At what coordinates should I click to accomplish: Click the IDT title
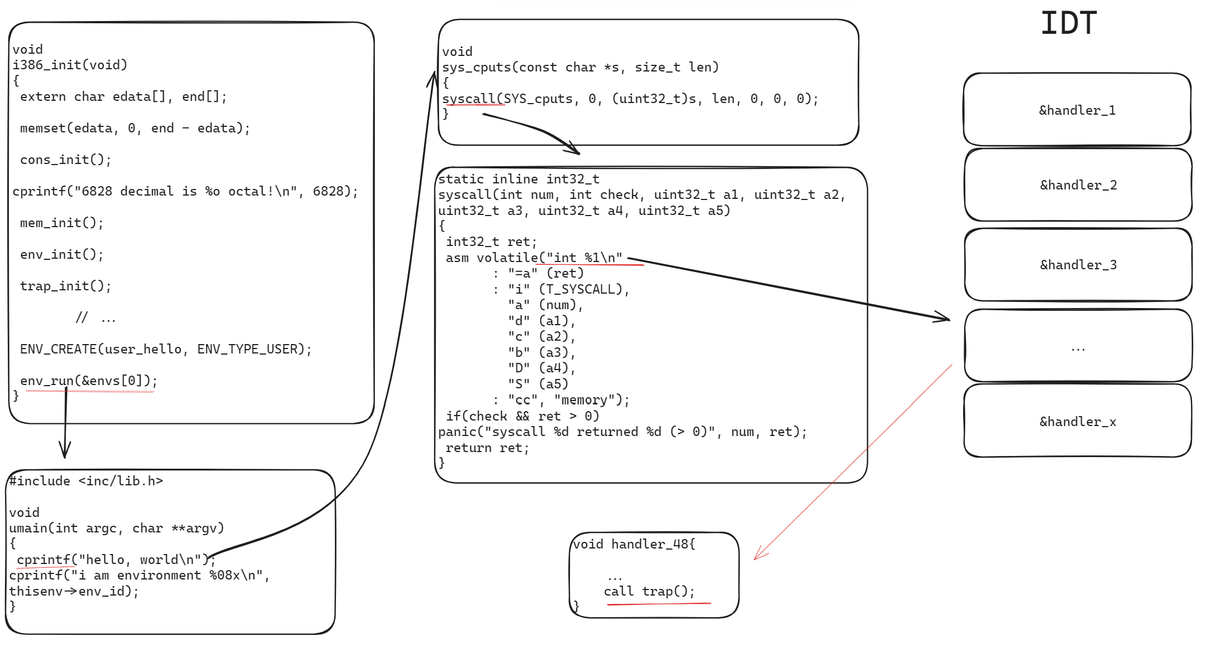tap(1068, 23)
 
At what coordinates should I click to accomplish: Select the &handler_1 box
tap(1077, 110)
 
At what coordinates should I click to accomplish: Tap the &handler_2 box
tap(1078, 185)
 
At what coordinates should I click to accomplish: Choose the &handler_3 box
tap(1078, 265)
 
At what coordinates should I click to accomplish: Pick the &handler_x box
tap(1077, 422)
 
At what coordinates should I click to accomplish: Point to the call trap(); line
tap(649, 592)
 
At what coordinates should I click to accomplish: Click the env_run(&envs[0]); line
tap(89, 381)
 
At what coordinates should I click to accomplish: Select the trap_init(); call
tap(65, 286)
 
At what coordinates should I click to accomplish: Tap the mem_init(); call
tap(62, 223)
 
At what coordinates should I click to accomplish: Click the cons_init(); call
tap(65, 160)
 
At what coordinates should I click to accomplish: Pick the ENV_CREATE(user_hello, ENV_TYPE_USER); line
tap(166, 349)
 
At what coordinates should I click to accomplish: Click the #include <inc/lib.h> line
tap(86, 481)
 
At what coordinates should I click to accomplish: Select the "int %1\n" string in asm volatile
tap(584, 258)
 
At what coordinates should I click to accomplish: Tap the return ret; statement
tap(487, 448)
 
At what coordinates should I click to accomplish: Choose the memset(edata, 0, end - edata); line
tap(135, 128)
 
